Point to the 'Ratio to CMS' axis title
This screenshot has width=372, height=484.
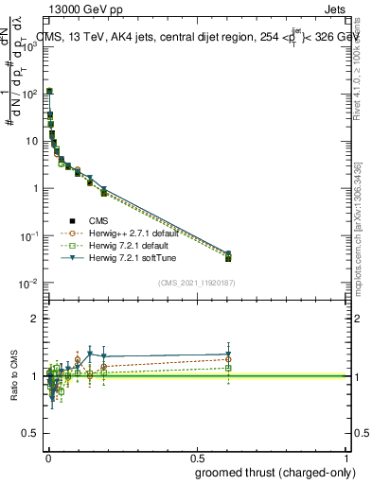[13, 376]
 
